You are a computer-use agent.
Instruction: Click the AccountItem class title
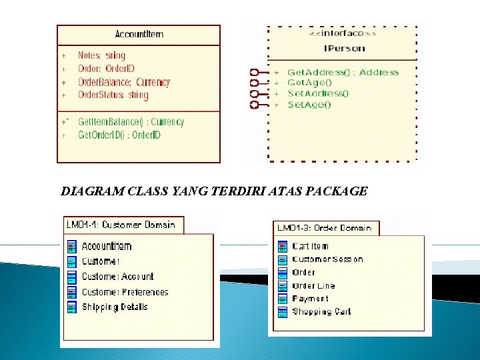click(139, 34)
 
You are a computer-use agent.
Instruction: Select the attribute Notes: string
click(101, 55)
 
